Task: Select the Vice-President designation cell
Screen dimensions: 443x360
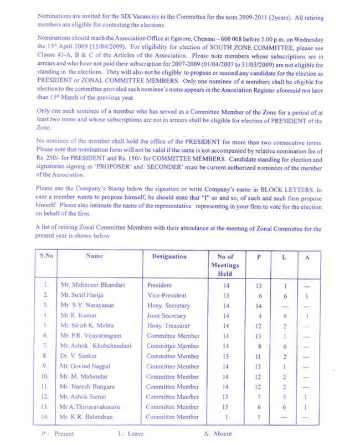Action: pos(167,295)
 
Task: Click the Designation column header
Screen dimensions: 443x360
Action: pos(169,256)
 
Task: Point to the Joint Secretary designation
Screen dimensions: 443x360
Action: pos(168,316)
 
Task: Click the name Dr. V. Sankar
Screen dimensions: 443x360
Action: pos(79,356)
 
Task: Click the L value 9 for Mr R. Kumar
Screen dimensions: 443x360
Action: pos(284,316)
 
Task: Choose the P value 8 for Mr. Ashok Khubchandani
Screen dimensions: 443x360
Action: pos(259,346)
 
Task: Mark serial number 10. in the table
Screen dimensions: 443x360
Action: pos(47,377)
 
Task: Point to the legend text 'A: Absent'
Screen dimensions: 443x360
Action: pos(218,434)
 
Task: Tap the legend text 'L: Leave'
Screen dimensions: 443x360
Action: pos(131,434)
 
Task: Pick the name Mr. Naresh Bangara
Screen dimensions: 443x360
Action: pos(88,387)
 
